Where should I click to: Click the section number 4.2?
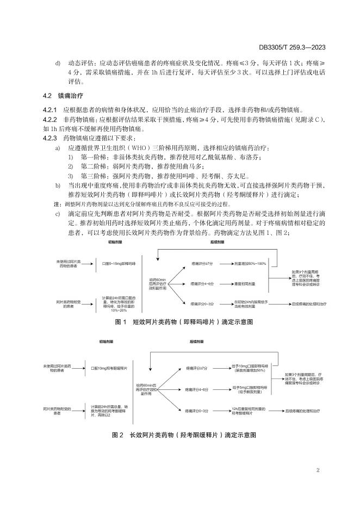click(x=48, y=96)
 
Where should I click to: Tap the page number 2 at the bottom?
click(x=318, y=470)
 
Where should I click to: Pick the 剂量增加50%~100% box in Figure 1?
click(x=250, y=263)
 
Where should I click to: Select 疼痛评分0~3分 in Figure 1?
click(x=202, y=303)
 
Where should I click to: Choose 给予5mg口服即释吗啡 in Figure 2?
click(x=248, y=389)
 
